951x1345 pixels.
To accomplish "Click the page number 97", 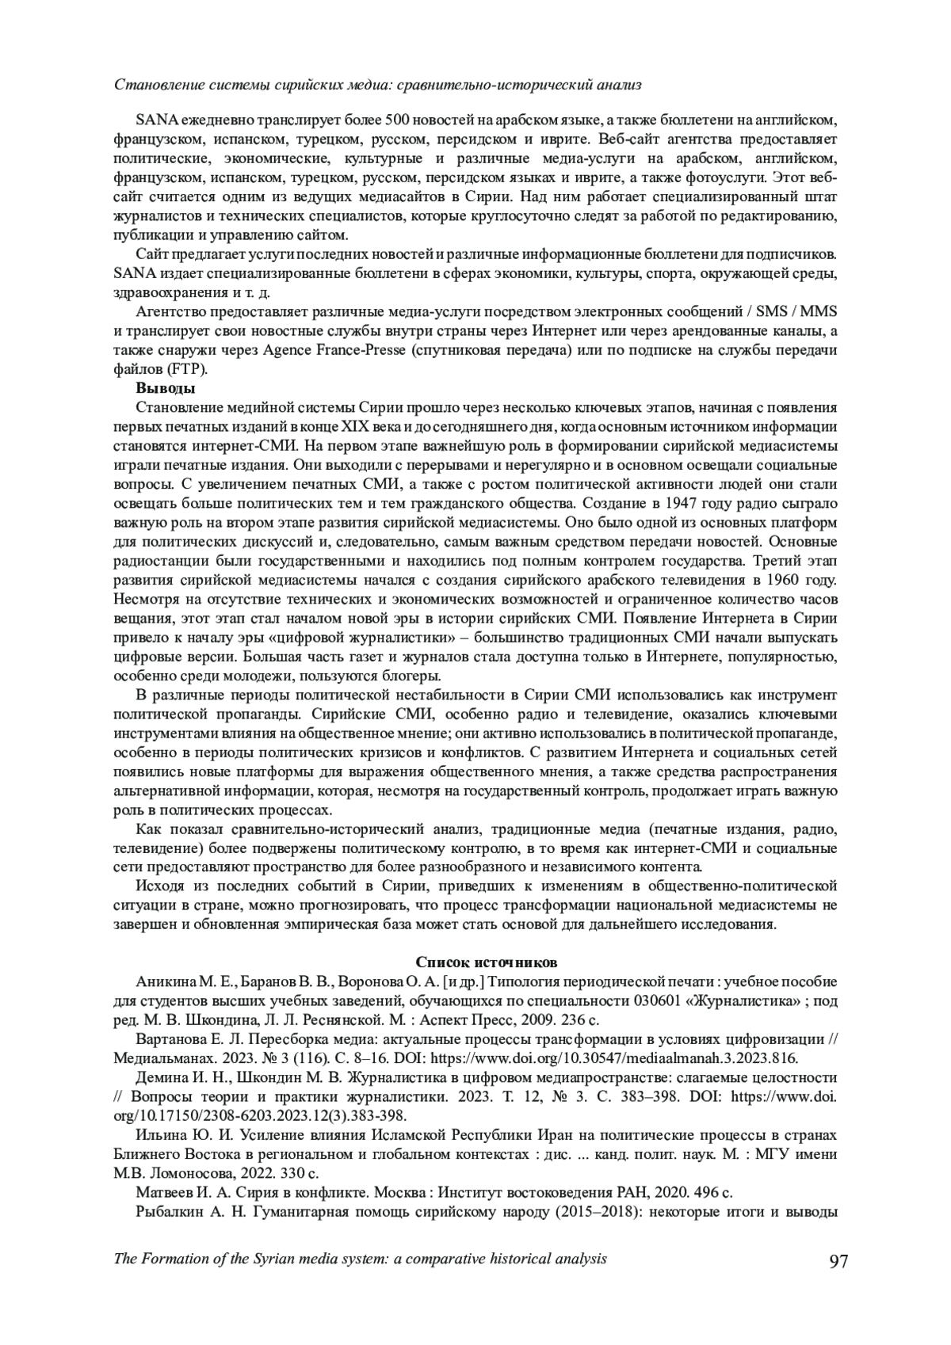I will (x=838, y=1261).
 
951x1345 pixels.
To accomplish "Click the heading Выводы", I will (x=166, y=388).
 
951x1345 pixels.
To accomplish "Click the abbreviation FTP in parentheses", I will (x=186, y=369).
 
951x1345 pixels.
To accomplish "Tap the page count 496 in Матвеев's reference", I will (x=701, y=1193).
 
